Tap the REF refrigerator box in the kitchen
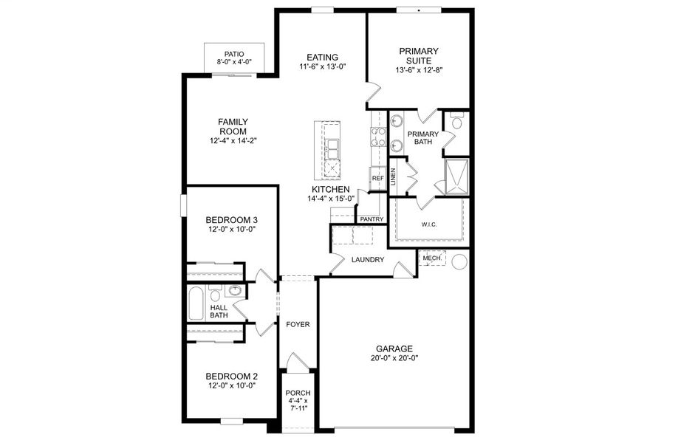coord(377,178)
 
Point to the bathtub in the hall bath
coord(196,303)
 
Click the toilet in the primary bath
coord(456,122)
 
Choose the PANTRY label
coord(372,219)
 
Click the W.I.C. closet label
coord(429,224)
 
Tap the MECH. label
coord(432,258)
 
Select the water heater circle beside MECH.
coord(459,261)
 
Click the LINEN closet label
coord(394,176)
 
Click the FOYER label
coord(298,324)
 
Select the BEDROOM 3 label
coord(231,220)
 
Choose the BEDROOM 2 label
coord(231,375)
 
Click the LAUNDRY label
coord(367,260)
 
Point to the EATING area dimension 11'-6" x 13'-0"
coord(323,66)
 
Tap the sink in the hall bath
coord(236,291)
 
